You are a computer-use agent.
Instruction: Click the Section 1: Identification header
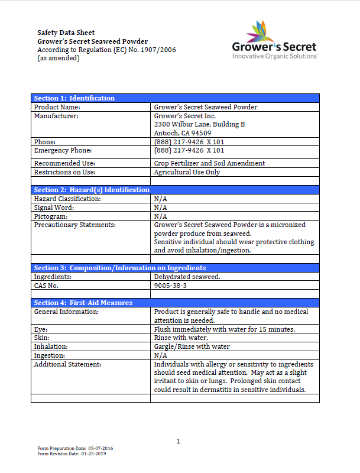tap(74, 98)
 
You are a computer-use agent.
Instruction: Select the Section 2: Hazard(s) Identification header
tap(92, 190)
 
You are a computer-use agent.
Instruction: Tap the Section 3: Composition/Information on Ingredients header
tap(119, 268)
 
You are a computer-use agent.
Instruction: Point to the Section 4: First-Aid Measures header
tap(83, 303)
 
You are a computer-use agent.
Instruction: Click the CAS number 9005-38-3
tap(170, 286)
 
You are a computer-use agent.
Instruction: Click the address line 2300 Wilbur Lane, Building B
tap(199, 125)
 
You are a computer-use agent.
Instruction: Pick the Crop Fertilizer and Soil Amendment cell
tap(209, 163)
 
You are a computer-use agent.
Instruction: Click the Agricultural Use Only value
tap(187, 172)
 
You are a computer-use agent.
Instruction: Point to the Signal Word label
tap(54, 208)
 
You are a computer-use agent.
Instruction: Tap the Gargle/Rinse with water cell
tap(192, 346)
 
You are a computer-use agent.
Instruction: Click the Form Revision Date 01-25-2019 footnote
tap(72, 454)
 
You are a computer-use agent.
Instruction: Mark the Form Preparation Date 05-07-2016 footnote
tap(75, 449)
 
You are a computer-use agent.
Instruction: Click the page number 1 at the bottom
tap(178, 441)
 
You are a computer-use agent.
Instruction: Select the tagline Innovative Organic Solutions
tap(275, 56)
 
